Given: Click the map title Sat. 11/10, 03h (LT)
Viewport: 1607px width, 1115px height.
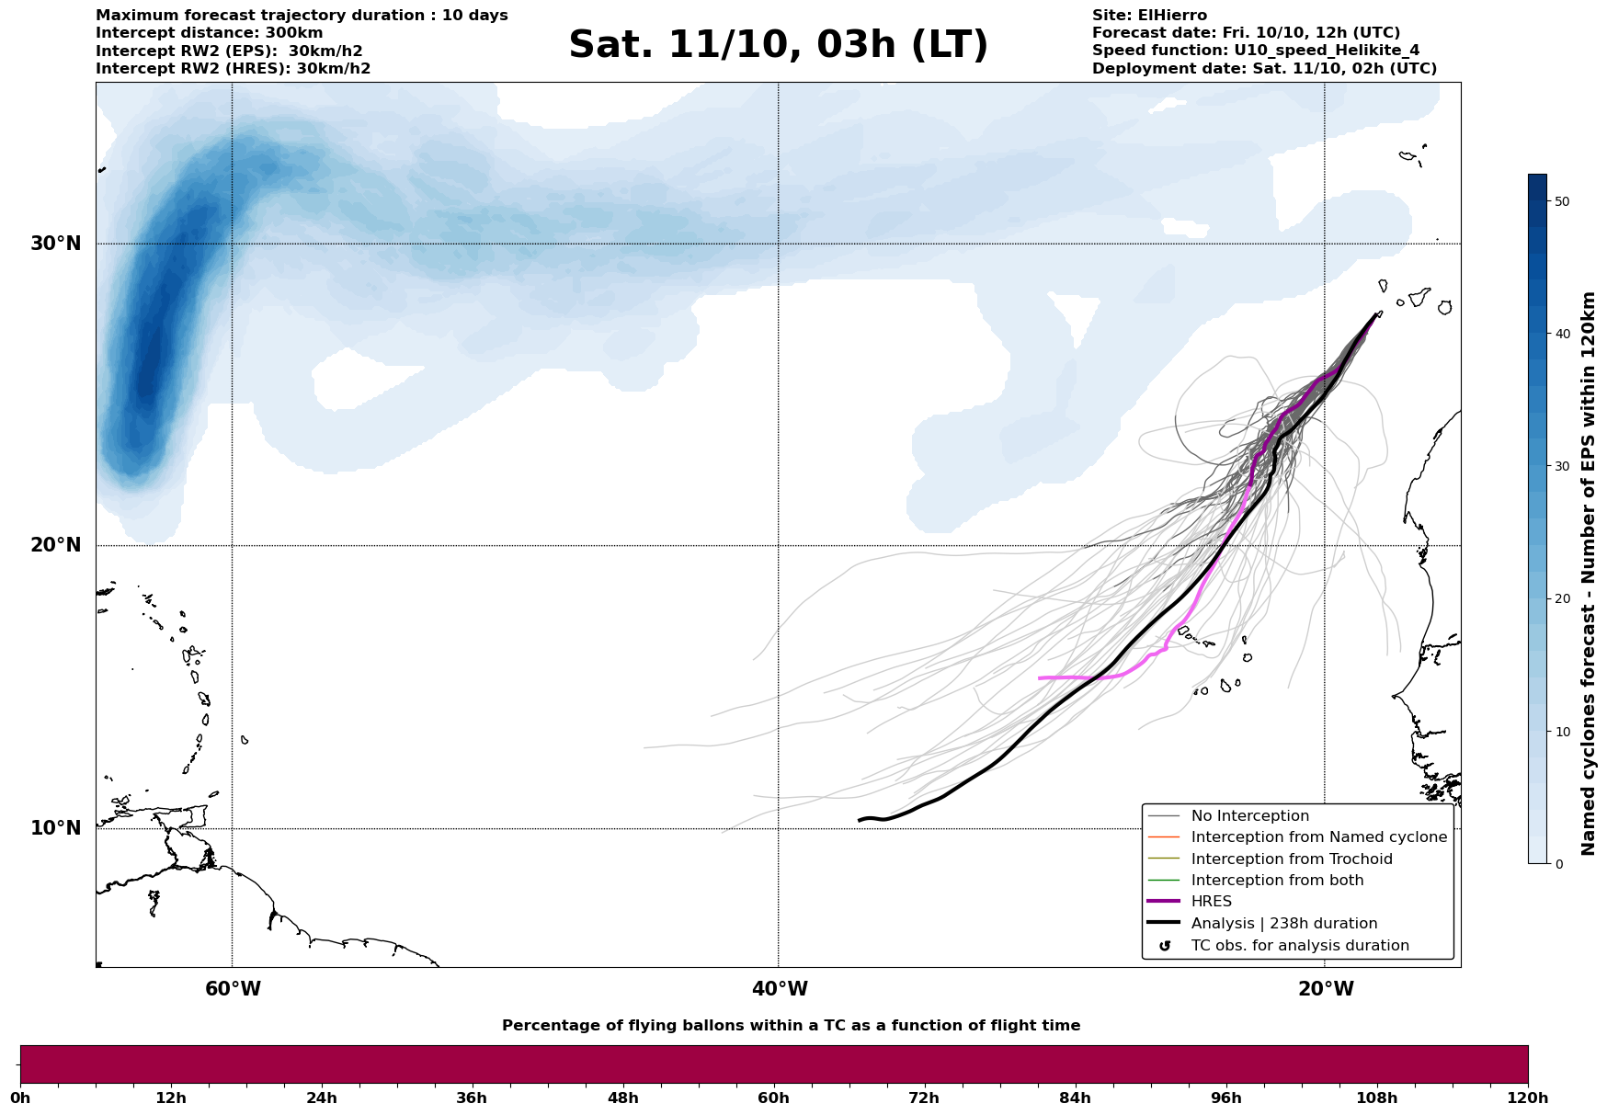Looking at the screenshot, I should pyautogui.click(x=778, y=45).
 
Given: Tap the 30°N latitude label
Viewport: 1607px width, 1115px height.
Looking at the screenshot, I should pyautogui.click(x=56, y=244).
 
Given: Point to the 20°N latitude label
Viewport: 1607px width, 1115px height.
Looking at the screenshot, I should pyautogui.click(x=56, y=545).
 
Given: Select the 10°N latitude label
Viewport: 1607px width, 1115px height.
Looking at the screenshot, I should pyautogui.click(x=56, y=828).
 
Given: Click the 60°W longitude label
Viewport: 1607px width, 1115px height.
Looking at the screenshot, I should pyautogui.click(x=233, y=989).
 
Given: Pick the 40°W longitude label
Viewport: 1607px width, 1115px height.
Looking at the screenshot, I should pyautogui.click(x=780, y=989).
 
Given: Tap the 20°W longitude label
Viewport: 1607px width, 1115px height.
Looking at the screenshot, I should pyautogui.click(x=1326, y=989).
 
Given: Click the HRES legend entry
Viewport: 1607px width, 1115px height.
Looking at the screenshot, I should pyautogui.click(x=1211, y=902).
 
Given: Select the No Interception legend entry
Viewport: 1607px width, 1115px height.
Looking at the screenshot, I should pyautogui.click(x=1249, y=816).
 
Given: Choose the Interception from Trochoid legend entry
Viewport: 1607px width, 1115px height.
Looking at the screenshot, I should pyautogui.click(x=1291, y=859).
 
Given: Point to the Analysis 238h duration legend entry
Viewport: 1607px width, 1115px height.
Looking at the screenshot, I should pyautogui.click(x=1283, y=924).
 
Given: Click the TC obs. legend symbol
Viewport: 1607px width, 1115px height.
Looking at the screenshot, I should pyautogui.click(x=1165, y=946).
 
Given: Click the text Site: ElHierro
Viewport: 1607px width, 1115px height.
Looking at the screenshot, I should pyautogui.click(x=1149, y=16).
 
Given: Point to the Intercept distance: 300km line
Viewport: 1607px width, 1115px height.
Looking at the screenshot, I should pyautogui.click(x=210, y=33).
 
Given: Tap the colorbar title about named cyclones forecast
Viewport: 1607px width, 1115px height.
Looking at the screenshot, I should pyautogui.click(x=1588, y=574).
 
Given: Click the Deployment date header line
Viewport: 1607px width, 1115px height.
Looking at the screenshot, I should pyautogui.click(x=1264, y=69).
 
